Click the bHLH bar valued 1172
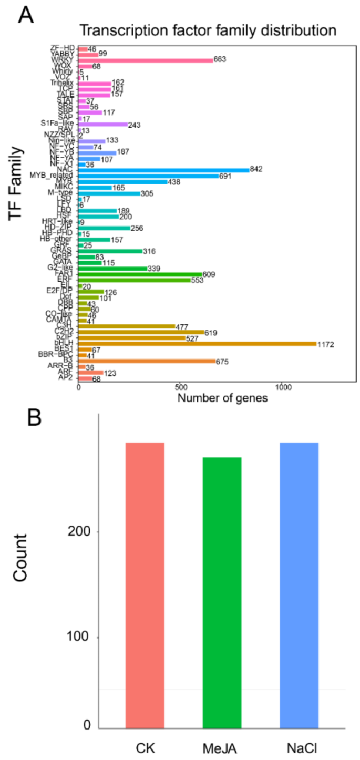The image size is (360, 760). point(197,344)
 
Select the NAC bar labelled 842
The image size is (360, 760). point(164,169)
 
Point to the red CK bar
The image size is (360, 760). point(145,585)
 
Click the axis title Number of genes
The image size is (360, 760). point(222,398)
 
